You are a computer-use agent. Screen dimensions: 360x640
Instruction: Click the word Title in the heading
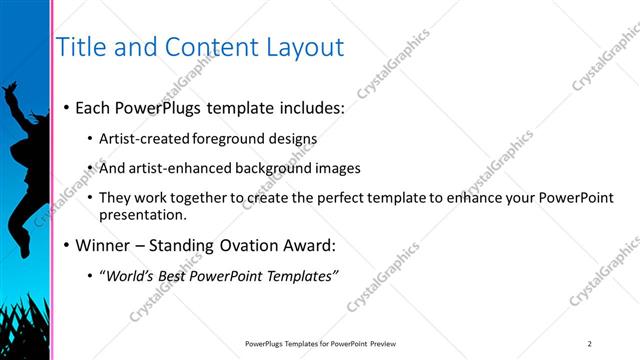point(80,47)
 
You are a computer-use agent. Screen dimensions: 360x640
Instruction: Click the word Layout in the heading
point(304,47)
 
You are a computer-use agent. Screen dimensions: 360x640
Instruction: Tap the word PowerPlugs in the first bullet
point(159,106)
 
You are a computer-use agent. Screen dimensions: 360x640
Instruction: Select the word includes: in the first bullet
point(306,106)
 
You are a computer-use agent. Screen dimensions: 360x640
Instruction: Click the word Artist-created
point(140,139)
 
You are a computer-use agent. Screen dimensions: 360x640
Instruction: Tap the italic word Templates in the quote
point(299,275)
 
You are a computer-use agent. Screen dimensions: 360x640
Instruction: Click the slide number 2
point(590,343)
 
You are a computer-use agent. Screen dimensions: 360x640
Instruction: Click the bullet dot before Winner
point(66,245)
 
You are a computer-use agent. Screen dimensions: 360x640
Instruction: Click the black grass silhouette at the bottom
point(25,335)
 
